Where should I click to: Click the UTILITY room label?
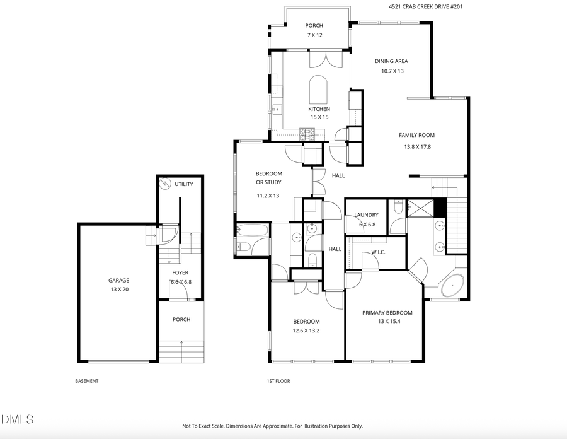(184, 184)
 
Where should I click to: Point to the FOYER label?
(180, 273)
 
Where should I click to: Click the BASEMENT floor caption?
(87, 381)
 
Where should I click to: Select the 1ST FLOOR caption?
(278, 381)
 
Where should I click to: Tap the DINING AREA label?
(391, 61)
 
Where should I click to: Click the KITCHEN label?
(319, 109)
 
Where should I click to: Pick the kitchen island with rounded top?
(319, 90)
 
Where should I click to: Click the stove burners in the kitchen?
(308, 133)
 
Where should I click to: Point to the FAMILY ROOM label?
(416, 135)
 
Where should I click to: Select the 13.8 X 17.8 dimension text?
(417, 147)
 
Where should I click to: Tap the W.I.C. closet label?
(378, 252)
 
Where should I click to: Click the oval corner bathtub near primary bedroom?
(452, 286)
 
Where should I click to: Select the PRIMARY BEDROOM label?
(387, 313)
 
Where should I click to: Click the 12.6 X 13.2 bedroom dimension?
(306, 331)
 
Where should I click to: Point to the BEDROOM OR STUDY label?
(268, 178)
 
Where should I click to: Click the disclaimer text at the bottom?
(272, 426)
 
